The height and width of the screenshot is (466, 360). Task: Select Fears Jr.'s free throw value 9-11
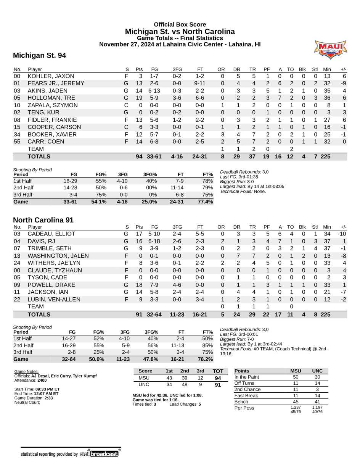pos(200,84)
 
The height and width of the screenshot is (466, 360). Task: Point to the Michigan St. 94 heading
pos(39,56)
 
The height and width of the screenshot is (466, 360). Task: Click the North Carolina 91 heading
pos(43,220)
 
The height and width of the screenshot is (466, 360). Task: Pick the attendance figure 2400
pos(42,381)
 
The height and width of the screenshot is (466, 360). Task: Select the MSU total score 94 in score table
pos(218,378)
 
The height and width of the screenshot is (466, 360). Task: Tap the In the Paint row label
pos(247,377)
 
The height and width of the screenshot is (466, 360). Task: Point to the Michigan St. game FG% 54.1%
pos(98,202)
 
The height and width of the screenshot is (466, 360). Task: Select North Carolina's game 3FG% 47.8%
pos(149,360)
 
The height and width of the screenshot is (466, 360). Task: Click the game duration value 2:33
pos(48,398)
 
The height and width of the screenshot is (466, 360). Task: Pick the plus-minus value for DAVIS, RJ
pos(344,241)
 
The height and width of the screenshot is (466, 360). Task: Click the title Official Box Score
pos(180,25)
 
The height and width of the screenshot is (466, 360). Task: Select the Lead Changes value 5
pos(199,404)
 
